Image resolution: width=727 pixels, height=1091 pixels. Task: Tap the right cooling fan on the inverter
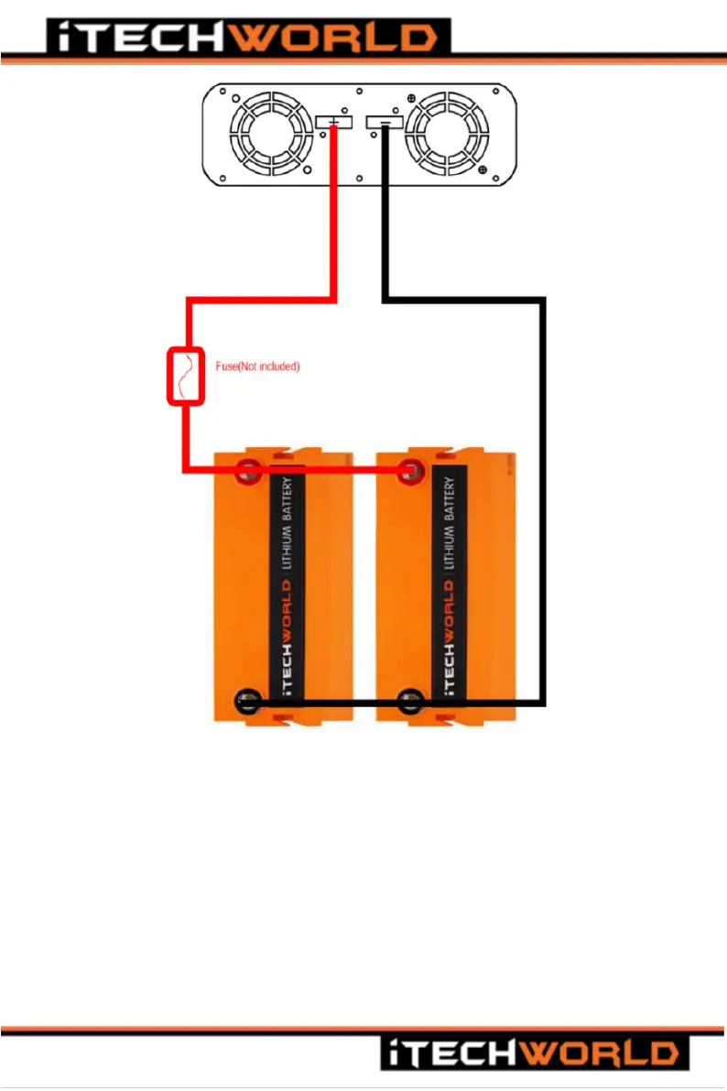coord(449,136)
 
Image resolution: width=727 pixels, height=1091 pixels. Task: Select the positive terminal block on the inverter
coord(333,123)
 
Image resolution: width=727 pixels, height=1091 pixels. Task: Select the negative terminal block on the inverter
coord(384,123)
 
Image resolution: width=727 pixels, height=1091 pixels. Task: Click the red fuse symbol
coord(184,376)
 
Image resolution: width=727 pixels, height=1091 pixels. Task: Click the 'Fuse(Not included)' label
coord(257,366)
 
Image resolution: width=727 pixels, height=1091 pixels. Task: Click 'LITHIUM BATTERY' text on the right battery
coord(449,522)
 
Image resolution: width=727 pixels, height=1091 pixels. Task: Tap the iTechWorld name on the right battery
coord(450,641)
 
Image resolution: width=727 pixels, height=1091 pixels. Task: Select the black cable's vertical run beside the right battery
coord(543,504)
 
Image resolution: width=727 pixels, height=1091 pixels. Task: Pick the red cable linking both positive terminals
coord(330,472)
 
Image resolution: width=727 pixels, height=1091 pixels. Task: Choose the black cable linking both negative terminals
coord(330,704)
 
